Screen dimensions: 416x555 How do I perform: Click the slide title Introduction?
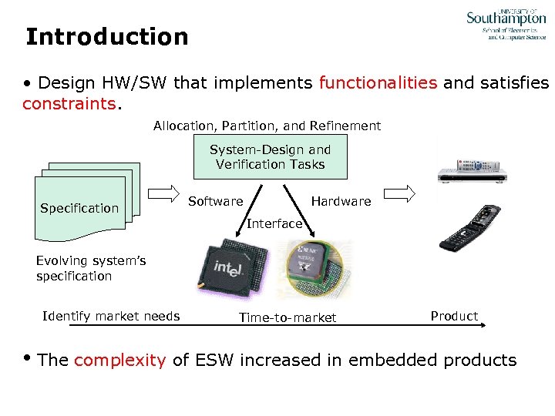coord(106,37)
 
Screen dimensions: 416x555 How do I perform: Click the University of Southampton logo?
coord(506,25)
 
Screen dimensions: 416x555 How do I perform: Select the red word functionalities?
coord(378,83)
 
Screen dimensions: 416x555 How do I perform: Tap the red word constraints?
coord(68,102)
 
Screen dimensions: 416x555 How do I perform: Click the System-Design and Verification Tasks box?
coord(271,157)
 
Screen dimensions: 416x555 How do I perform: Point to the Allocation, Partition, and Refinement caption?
coord(267,126)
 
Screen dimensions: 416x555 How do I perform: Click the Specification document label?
coord(79,208)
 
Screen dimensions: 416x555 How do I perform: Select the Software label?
coord(215,201)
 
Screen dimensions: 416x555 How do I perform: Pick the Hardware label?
coord(341,201)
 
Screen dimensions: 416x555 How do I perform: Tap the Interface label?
coord(274,223)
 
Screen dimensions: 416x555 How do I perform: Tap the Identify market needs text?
coord(111,316)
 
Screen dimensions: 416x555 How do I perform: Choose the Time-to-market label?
coord(288,317)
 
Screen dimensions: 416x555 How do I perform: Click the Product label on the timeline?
coord(454,316)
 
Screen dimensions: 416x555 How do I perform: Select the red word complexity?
coord(120,360)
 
